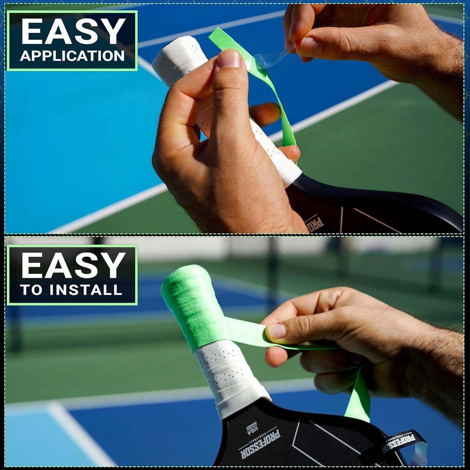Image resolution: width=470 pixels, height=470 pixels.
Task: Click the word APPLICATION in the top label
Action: point(72,56)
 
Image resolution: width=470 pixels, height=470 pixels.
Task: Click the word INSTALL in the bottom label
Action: point(85,290)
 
